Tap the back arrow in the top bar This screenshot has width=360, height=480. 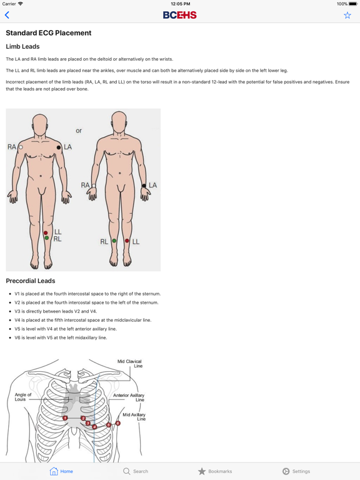[7, 15]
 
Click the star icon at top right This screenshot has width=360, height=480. [347, 15]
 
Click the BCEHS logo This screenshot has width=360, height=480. [180, 15]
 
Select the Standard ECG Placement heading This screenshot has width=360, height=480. [49, 33]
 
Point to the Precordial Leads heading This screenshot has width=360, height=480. [31, 281]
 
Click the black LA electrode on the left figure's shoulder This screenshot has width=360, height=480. [59, 147]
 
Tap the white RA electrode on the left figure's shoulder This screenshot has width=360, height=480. [21, 147]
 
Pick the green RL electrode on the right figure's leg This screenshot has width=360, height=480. [114, 241]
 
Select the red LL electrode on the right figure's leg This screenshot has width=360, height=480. [127, 241]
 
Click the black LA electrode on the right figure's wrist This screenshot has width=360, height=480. [144, 186]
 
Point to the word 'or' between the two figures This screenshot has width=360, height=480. [79, 131]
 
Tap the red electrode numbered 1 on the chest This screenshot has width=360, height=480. [65, 417]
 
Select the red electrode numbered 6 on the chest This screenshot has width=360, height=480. [117, 423]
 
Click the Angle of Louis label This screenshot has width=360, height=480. [23, 397]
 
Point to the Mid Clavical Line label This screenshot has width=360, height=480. [129, 364]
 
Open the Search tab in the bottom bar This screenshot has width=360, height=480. [136, 471]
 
